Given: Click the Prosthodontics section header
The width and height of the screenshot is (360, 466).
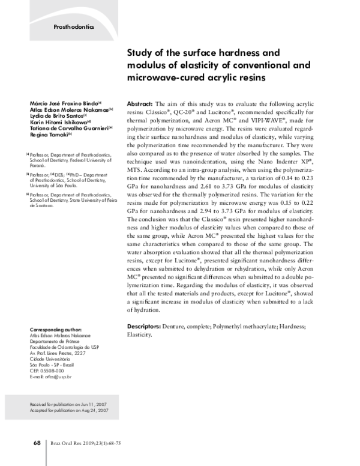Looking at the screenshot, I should [74, 27].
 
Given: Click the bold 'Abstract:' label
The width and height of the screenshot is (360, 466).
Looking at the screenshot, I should [140, 104].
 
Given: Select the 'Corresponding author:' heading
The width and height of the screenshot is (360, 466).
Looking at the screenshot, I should [55, 330].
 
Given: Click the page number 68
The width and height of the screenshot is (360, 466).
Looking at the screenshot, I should [37, 443].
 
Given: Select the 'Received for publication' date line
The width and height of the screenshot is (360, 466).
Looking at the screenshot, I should [68, 405].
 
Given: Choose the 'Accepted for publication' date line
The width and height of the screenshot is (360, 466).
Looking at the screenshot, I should [68, 411].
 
